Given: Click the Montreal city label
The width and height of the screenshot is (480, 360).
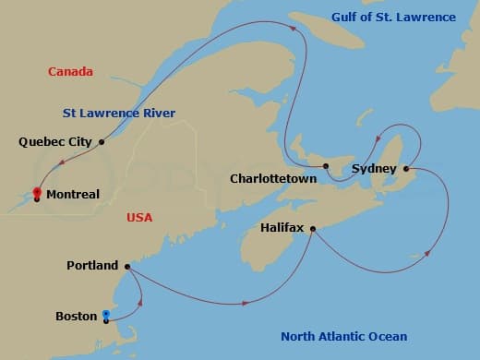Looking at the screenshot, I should [x=72, y=195].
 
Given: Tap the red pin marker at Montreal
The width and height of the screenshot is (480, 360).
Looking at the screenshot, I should [x=37, y=194].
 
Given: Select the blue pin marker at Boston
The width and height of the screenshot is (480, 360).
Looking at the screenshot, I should [x=107, y=317].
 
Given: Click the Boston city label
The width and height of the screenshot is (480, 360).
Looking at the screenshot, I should [x=77, y=316].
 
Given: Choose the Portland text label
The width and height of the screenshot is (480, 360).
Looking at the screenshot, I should [x=92, y=266].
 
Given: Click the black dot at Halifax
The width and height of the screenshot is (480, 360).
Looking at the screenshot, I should [x=313, y=228].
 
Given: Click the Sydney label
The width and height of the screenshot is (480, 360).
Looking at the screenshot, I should [x=375, y=169].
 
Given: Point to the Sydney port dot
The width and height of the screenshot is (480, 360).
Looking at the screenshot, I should [x=406, y=168].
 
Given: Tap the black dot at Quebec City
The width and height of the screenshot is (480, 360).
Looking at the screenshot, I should [x=102, y=142].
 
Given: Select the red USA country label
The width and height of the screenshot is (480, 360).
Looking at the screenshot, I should [x=138, y=218].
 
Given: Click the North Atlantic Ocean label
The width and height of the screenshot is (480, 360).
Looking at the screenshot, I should [x=344, y=336].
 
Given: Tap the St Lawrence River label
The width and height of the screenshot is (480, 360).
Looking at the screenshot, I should [x=119, y=114].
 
